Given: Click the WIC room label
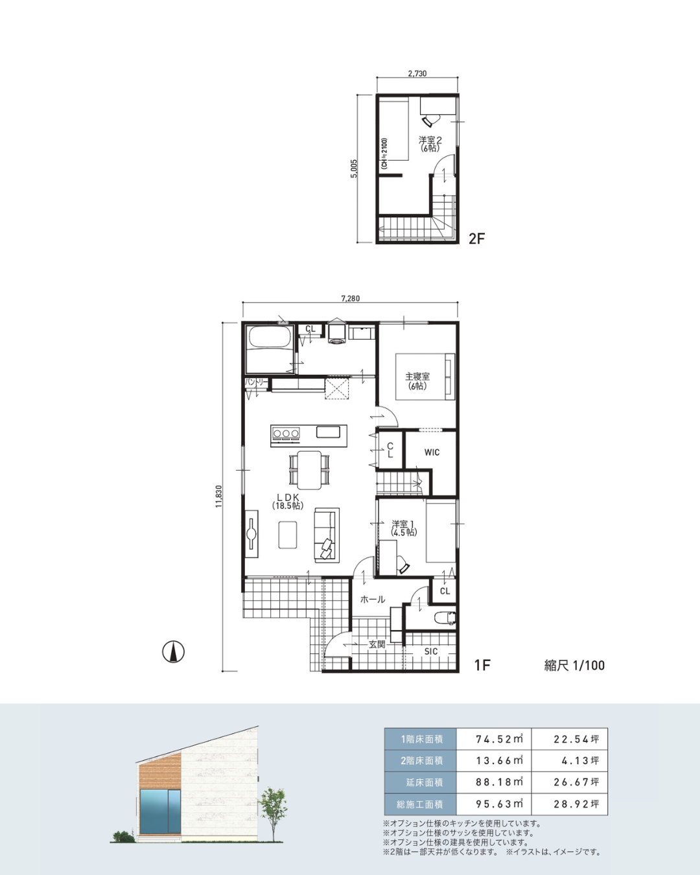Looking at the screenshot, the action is pos(432,452).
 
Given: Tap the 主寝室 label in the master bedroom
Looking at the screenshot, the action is pos(417,377).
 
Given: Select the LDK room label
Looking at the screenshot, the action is pos(288,497).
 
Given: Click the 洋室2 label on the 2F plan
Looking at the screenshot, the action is pos(430,140).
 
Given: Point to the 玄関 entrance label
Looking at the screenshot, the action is pos(377,644).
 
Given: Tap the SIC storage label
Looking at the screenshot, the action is pos(431,651).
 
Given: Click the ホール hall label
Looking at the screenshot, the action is pos(373,599).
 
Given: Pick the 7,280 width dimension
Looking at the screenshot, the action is pos(350,298).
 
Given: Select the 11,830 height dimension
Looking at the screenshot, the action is pos(219,496).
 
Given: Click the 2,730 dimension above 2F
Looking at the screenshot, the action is pos(417,74).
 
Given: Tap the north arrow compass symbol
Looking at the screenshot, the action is pos(173,652).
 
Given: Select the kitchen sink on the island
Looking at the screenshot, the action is pos(328,432).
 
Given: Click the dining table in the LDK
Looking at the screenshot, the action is pos(309,470).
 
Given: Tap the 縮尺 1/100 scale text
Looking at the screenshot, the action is pos(574,666).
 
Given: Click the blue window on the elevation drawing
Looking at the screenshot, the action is pos(160,811).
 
